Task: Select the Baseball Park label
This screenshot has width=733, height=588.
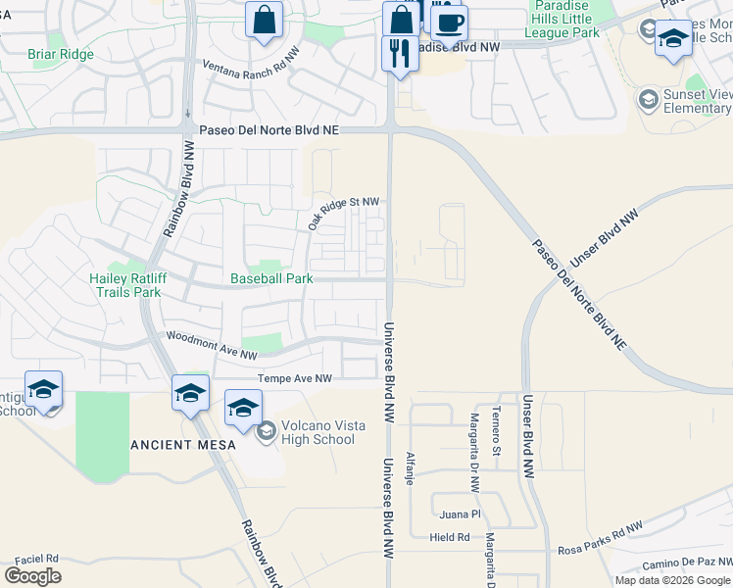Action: (271, 278)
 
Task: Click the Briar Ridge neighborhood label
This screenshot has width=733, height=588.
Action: (61, 54)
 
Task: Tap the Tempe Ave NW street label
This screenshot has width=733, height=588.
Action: (294, 378)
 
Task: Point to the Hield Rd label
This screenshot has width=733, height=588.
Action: (450, 537)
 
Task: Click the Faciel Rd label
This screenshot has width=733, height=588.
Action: (37, 558)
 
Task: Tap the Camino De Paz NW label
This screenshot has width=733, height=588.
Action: (687, 564)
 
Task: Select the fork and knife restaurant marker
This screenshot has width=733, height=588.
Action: (400, 51)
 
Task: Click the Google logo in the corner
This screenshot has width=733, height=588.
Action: (32, 575)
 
